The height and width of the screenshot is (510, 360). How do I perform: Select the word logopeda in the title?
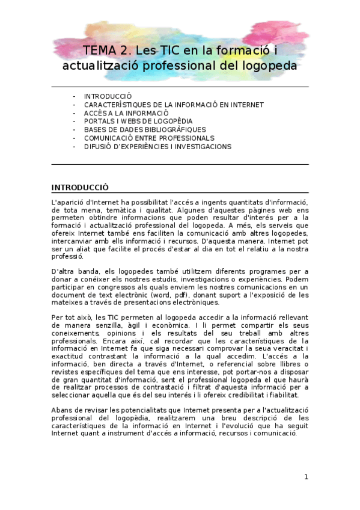click(269, 65)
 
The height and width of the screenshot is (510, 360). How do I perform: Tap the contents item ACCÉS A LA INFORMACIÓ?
click(126, 113)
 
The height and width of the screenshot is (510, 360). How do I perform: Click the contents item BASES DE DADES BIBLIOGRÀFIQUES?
click(145, 130)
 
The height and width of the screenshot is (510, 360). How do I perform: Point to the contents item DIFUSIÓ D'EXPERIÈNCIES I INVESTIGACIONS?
click(157, 147)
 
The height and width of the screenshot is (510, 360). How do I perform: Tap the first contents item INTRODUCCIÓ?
click(108, 96)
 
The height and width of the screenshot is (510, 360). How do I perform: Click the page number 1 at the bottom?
click(306, 478)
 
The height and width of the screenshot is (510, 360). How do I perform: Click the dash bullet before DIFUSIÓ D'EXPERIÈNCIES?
click(74, 147)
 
